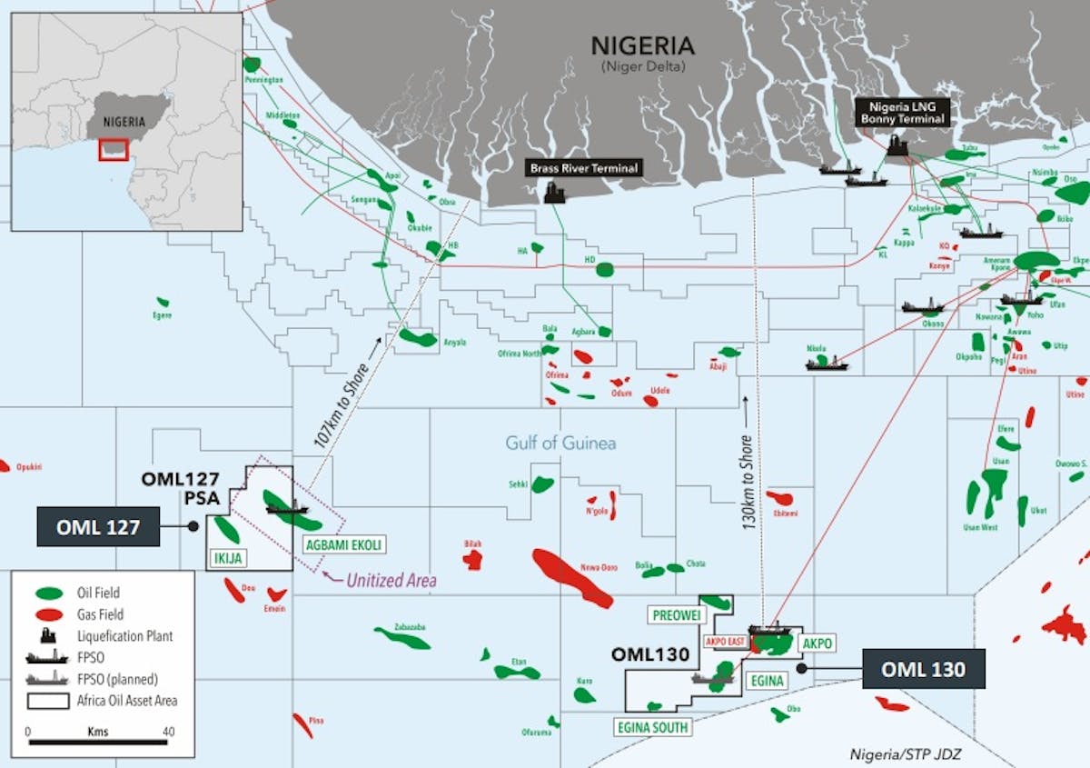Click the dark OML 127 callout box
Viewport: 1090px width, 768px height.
point(98,526)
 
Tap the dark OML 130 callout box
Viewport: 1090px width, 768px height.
point(923,670)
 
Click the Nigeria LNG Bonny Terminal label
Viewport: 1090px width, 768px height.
point(902,113)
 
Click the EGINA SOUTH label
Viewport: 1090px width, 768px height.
point(651,727)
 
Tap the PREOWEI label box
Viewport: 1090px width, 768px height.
point(678,615)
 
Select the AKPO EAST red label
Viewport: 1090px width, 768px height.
point(725,641)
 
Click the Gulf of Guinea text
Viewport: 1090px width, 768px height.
point(560,444)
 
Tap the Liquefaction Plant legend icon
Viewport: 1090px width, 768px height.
point(47,635)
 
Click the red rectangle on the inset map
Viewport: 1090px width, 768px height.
point(114,149)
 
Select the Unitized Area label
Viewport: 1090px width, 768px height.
point(391,580)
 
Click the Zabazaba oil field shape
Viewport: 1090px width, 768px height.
point(402,638)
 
